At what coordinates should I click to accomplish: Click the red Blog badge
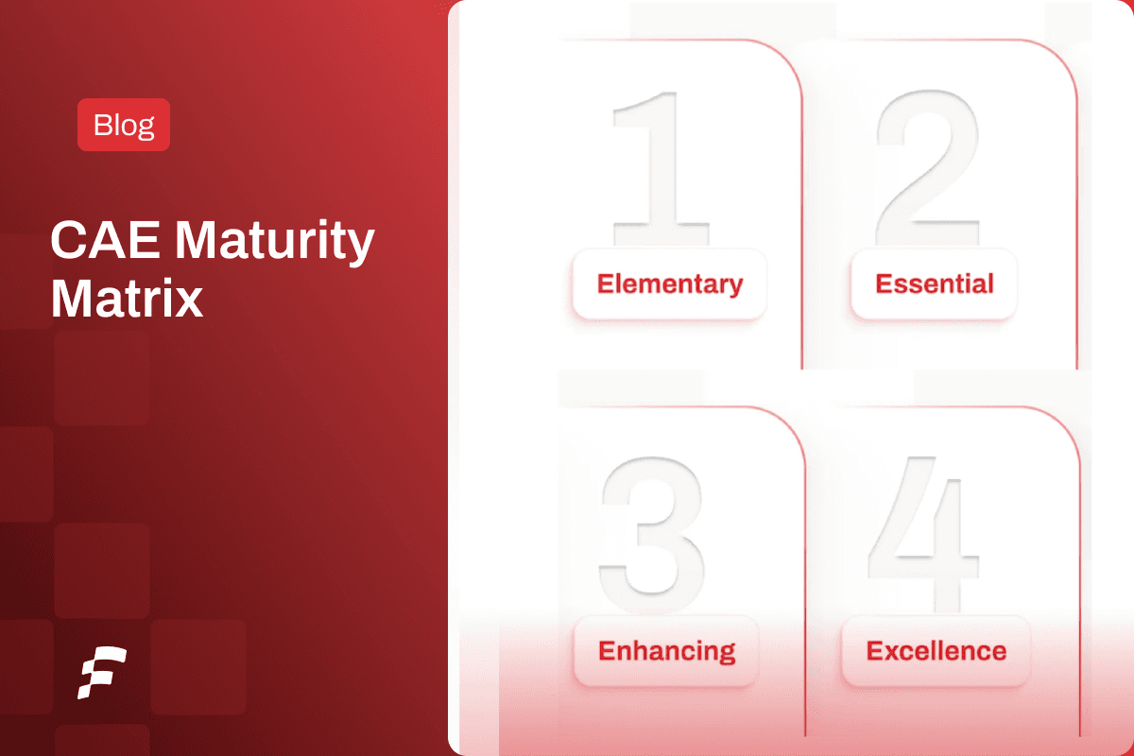click(x=124, y=125)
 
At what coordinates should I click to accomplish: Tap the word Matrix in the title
click(x=127, y=299)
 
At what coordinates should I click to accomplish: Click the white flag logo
click(x=102, y=673)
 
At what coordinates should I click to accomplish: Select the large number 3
click(x=652, y=525)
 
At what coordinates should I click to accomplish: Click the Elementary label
click(x=669, y=284)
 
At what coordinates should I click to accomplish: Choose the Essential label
click(x=934, y=284)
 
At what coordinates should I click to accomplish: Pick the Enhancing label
click(x=666, y=651)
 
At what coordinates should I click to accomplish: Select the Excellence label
click(x=936, y=651)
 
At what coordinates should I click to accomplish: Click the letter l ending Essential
click(x=989, y=283)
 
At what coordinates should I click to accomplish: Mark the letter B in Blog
click(x=101, y=125)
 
